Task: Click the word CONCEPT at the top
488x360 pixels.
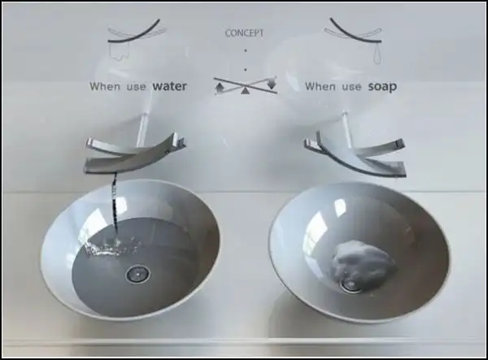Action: (x=244, y=33)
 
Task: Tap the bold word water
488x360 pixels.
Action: (x=170, y=86)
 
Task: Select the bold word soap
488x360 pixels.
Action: (x=382, y=87)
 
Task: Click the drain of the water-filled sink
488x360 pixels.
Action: (x=137, y=274)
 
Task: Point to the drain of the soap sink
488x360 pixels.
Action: (x=351, y=285)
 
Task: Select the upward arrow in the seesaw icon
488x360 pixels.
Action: (x=220, y=89)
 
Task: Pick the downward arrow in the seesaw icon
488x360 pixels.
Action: (x=272, y=84)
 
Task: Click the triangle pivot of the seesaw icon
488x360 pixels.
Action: (x=246, y=90)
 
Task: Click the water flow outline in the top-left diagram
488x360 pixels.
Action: (x=120, y=51)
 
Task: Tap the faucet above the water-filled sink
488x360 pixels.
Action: (x=135, y=152)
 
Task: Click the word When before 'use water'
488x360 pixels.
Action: (x=105, y=86)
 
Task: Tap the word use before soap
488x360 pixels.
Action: (x=351, y=87)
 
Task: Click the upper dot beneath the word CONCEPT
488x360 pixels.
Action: (x=246, y=50)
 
